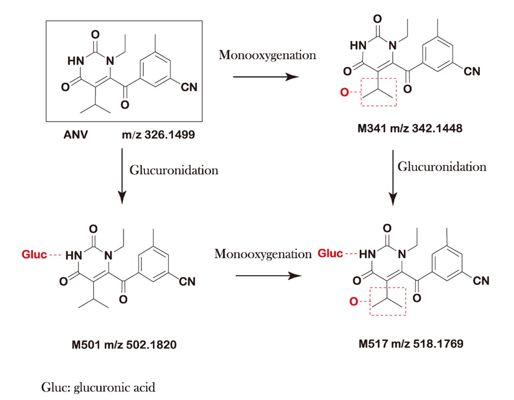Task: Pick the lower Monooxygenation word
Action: click(x=263, y=254)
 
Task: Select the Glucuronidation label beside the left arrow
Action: click(x=174, y=170)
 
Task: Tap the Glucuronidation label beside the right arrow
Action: click(x=442, y=167)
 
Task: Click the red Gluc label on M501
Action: click(x=34, y=254)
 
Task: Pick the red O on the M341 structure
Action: click(x=345, y=92)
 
